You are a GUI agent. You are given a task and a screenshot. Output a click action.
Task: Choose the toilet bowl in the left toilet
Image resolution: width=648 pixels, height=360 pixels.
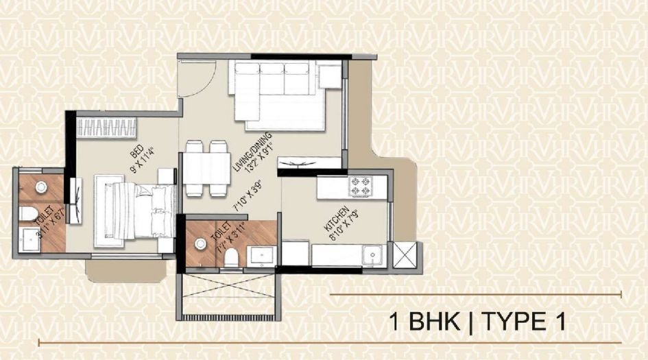(x=28, y=215)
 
